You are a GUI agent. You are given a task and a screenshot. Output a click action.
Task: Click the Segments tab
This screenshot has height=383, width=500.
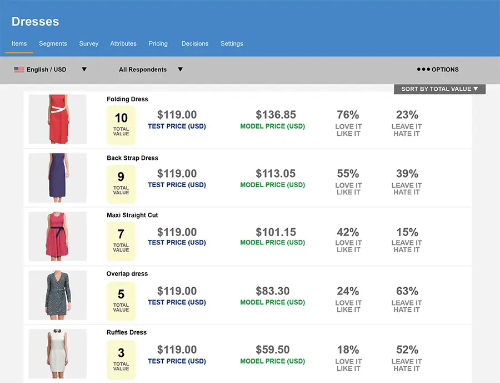(x=53, y=43)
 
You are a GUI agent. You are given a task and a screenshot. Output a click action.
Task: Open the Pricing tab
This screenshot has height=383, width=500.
(x=158, y=43)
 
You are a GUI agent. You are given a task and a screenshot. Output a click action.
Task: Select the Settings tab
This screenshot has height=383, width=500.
(x=232, y=43)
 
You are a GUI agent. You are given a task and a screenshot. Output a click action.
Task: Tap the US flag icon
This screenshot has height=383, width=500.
(x=19, y=70)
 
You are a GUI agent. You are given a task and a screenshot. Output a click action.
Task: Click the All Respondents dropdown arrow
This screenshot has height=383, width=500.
(x=180, y=70)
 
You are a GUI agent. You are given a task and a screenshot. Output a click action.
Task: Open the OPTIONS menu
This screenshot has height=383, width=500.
(x=438, y=70)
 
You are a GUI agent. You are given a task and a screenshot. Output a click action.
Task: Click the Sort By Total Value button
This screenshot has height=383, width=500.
(x=439, y=89)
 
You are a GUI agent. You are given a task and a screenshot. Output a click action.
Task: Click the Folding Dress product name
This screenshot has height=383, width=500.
(x=127, y=99)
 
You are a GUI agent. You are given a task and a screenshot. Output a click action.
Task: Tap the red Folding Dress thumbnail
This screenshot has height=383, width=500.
(x=57, y=119)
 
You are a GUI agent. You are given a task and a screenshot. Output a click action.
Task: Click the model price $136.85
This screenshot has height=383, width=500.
(x=276, y=115)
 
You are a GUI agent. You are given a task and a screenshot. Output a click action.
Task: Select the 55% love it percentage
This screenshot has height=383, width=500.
(x=348, y=174)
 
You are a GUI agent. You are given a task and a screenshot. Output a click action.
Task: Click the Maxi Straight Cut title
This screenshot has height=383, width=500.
(x=132, y=215)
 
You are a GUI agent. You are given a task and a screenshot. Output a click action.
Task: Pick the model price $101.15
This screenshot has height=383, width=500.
(x=276, y=232)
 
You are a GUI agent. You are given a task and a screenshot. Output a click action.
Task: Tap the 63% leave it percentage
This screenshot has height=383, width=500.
(x=407, y=291)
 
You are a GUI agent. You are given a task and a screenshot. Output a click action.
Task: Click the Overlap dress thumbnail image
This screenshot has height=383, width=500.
(x=57, y=295)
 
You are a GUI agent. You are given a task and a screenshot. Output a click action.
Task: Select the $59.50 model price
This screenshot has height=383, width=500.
(x=272, y=350)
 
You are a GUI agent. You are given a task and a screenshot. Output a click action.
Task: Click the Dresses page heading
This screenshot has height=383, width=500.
(x=35, y=22)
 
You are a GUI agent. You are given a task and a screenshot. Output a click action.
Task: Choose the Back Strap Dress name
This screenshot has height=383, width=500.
(x=132, y=158)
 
